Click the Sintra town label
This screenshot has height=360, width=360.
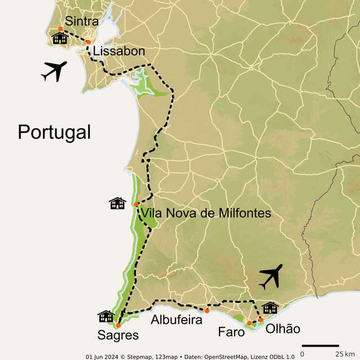[82, 21]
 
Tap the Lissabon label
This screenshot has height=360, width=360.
[119, 51]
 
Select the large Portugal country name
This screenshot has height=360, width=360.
[54, 132]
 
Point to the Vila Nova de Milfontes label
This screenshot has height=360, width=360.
[205, 213]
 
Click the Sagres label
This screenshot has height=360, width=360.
[118, 335]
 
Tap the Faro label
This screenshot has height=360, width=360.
[231, 332]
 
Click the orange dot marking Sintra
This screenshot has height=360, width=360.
[60, 28]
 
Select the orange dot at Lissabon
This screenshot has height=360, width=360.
[88, 42]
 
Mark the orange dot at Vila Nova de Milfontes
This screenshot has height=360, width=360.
[137, 204]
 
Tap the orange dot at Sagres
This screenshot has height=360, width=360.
[118, 325]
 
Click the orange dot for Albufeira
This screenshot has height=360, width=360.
[207, 311]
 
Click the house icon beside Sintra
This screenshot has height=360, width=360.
[60, 38]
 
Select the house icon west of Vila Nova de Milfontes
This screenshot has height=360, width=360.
[117, 203]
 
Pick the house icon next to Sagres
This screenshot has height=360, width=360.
[106, 316]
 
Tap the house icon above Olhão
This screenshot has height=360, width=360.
[270, 308]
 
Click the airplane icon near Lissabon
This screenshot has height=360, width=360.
[54, 71]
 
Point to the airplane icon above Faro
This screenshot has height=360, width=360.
[270, 276]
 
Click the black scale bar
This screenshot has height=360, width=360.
[320, 345]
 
